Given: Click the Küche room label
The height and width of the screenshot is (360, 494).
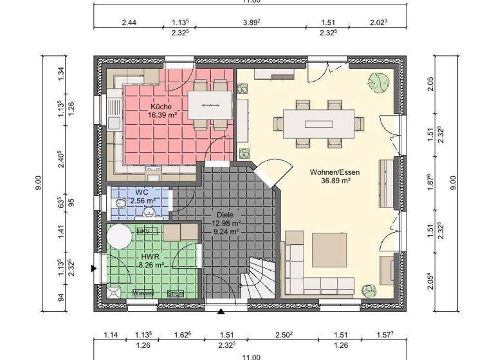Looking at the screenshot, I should pos(161,106).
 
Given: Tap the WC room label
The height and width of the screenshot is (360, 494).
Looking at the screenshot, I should pos(142,192).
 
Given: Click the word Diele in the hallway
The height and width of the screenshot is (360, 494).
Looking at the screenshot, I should pos(226,215).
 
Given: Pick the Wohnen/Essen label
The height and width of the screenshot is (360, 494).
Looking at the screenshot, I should pos(334,172).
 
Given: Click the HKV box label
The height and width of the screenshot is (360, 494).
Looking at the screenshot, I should pos(143,230).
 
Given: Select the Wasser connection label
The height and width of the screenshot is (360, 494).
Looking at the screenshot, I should pos(142,294).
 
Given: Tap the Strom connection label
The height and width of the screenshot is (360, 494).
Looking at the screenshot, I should pos(175,294).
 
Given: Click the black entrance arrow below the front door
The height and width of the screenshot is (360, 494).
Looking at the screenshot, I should pos(221,312).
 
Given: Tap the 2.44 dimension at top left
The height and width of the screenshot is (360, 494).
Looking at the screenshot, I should pos(129,22).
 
